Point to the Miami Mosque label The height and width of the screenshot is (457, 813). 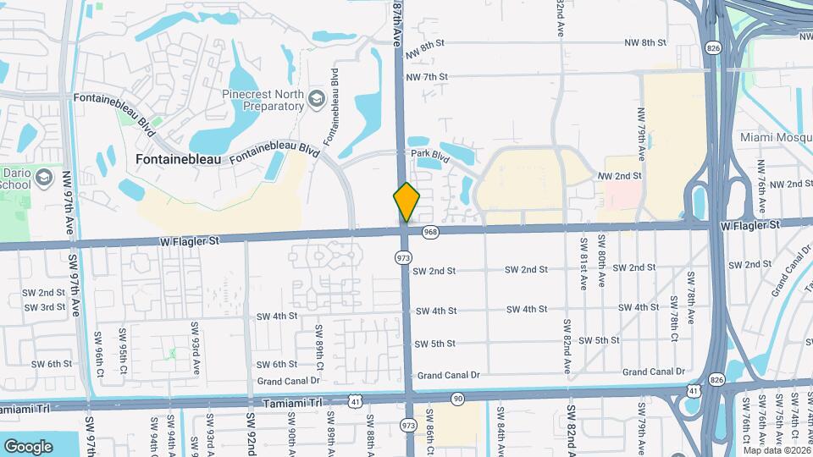tap(776, 137)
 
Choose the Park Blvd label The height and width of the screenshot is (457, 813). tap(429, 154)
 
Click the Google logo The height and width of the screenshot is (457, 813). tap(28, 446)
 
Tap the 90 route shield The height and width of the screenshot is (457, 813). tap(458, 398)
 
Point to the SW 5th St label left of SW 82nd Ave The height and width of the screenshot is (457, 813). tap(436, 343)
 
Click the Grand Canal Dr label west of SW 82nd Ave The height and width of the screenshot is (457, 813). tap(448, 375)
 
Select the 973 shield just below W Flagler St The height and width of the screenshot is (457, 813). tap(403, 256)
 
